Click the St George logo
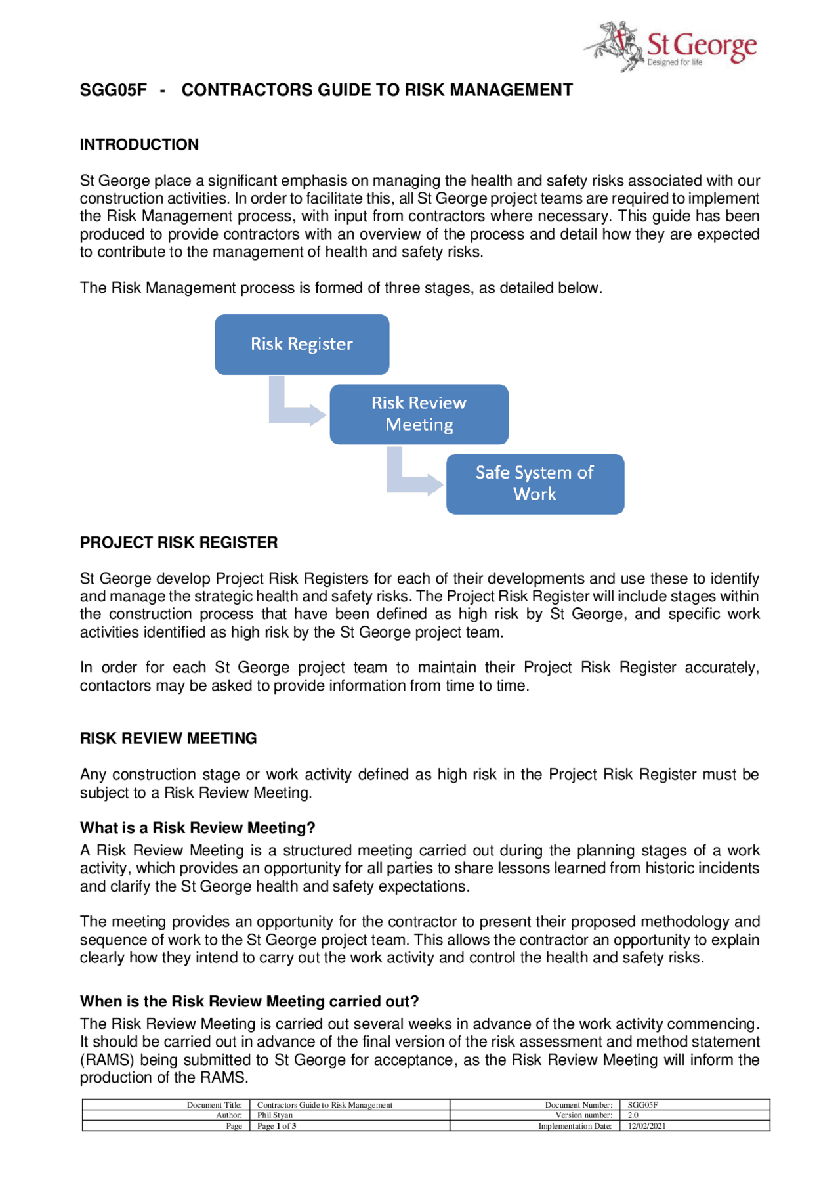[x=671, y=46]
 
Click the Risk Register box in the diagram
[x=302, y=344]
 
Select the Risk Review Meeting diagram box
[x=419, y=414]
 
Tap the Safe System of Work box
[x=535, y=483]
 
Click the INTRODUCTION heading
[x=139, y=144]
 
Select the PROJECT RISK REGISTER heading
[x=178, y=542]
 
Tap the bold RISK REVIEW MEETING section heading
[x=168, y=738]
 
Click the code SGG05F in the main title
[x=113, y=90]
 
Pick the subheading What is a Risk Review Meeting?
[x=198, y=827]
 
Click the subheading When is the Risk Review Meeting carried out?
[x=249, y=1001]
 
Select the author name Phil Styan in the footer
[x=275, y=1115]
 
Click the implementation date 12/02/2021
[x=646, y=1125]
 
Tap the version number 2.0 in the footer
[x=633, y=1115]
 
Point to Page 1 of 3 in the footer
[x=276, y=1125]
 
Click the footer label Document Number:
[x=578, y=1104]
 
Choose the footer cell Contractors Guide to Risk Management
[x=324, y=1104]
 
